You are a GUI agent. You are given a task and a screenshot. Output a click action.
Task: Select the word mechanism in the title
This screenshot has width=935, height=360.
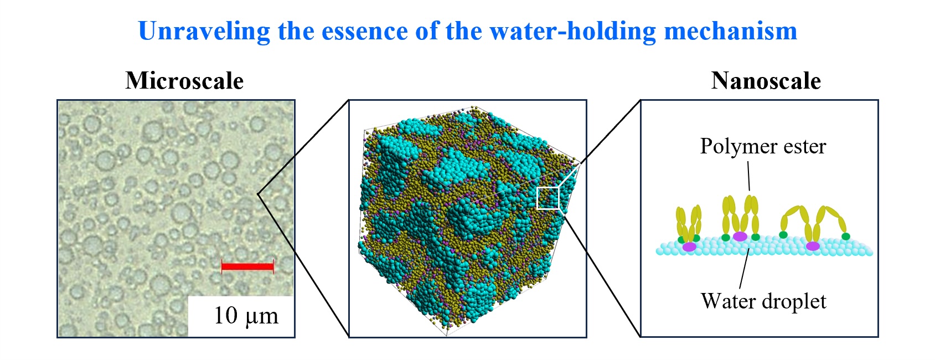pos(731,32)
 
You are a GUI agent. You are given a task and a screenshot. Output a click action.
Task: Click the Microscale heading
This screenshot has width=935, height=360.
pos(184,80)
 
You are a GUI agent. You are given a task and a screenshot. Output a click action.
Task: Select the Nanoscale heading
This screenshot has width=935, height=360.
pos(766,80)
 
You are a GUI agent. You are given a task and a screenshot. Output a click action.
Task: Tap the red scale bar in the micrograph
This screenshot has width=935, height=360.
pos(247,266)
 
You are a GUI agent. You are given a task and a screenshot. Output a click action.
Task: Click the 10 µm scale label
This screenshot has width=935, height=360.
pos(246,316)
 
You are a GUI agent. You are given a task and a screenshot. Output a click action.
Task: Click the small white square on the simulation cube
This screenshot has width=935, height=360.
pos(547,198)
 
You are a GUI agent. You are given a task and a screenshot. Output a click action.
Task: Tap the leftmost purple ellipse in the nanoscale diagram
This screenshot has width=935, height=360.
pos(689,247)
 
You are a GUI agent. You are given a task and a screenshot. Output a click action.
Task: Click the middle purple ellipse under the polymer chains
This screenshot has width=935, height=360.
pos(740,236)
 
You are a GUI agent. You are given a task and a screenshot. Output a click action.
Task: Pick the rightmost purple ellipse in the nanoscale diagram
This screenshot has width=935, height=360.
pos(813,246)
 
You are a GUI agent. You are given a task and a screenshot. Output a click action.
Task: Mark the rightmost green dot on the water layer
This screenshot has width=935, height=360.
pos(846,236)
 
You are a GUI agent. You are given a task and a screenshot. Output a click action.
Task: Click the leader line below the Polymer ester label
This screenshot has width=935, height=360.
pos(749,176)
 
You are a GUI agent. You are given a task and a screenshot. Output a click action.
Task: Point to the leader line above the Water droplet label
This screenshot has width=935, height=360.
pos(744,268)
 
